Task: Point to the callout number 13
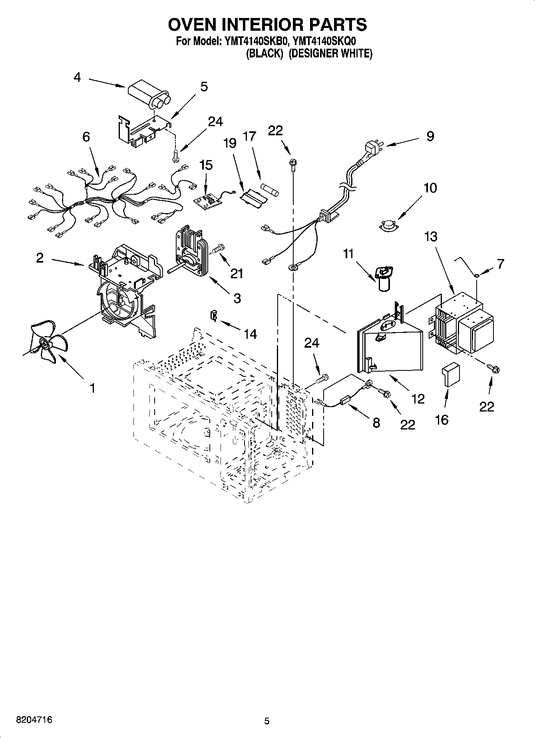tap(430, 237)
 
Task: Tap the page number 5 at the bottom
tap(267, 721)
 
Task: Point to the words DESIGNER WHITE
tap(330, 53)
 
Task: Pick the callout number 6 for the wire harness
tap(86, 137)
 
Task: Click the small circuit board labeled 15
tap(207, 202)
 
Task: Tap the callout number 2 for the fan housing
tap(40, 258)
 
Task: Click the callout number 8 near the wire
tap(376, 423)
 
